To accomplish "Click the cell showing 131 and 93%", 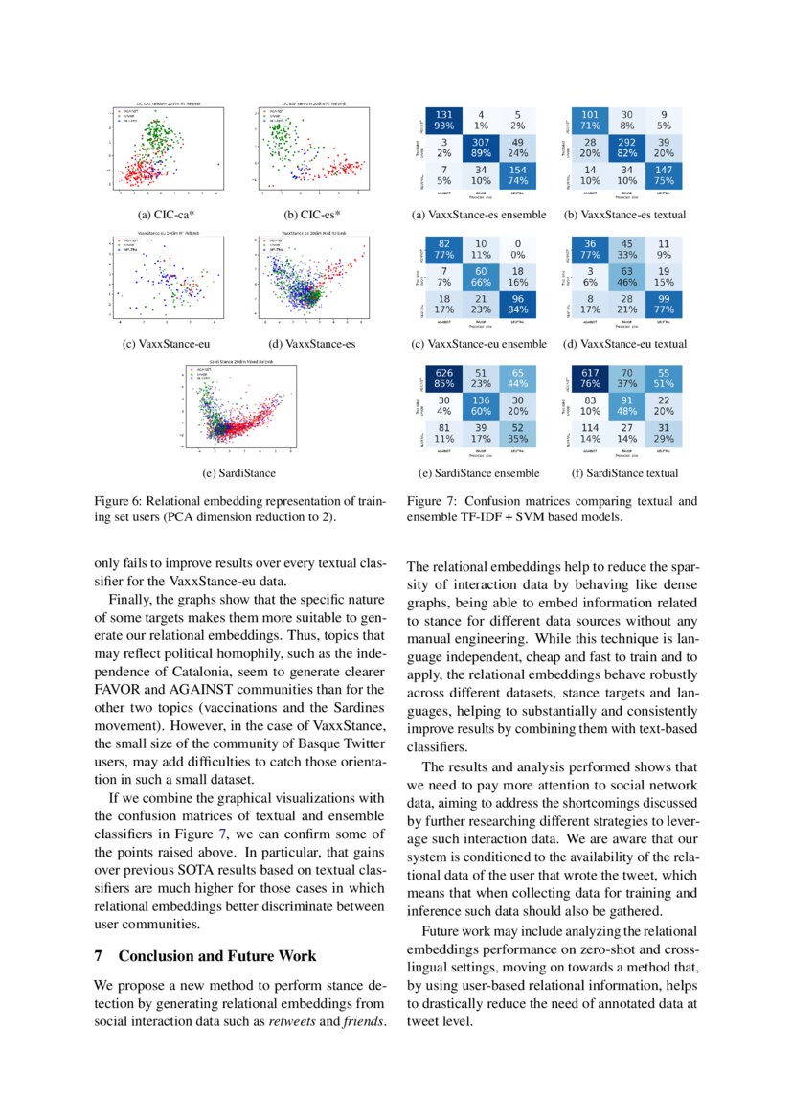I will tap(443, 120).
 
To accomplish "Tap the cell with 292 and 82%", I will tap(626, 147).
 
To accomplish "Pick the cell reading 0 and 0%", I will tap(517, 249).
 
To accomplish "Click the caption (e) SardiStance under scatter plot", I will tap(238, 472).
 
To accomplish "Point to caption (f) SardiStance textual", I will tap(624, 472).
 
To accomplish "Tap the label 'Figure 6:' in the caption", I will tap(118, 501).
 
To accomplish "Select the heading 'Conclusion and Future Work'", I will tap(217, 956).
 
